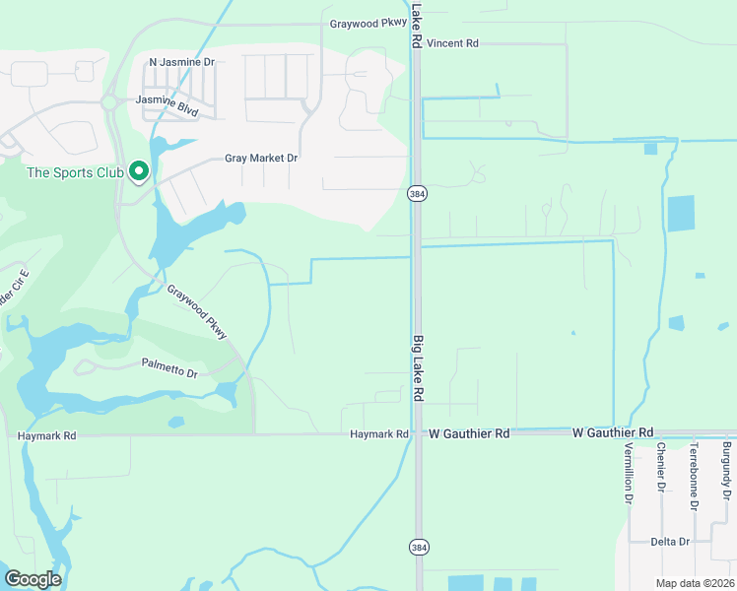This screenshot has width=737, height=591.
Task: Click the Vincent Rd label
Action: [452, 43]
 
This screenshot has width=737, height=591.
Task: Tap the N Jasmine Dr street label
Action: [181, 62]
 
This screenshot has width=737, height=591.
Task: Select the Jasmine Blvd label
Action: [167, 105]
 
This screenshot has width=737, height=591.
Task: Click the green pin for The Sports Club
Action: [139, 171]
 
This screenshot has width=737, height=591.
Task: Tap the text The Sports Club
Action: [75, 173]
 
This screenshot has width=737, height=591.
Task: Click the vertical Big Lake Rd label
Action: [418, 367]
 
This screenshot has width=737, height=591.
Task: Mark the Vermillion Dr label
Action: [628, 472]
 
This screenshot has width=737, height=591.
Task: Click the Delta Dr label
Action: [670, 542]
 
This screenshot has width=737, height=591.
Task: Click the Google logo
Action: [33, 579]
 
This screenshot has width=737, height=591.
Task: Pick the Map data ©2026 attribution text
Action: [694, 582]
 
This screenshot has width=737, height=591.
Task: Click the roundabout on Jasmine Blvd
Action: [109, 102]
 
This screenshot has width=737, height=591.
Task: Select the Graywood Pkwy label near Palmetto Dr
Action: [197, 312]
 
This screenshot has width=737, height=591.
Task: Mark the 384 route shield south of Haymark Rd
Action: [418, 545]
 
